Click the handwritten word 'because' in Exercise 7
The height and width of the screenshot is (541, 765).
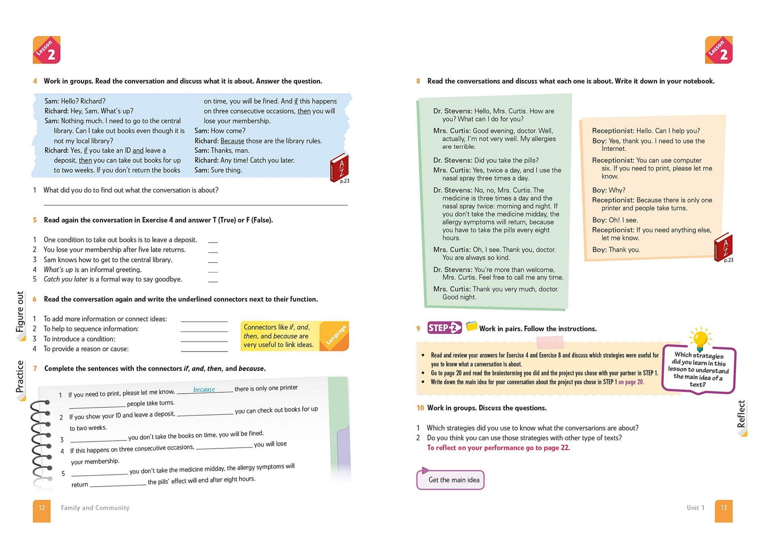coord(204,389)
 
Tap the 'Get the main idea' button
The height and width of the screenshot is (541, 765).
coord(450,480)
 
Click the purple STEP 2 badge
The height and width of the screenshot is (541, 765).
coord(445,328)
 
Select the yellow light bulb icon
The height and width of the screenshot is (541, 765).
coord(700,339)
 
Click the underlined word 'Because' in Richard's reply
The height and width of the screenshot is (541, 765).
coord(232,141)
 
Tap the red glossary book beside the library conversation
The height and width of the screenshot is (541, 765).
coord(339,167)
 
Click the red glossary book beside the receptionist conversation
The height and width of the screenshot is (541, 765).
coord(723,247)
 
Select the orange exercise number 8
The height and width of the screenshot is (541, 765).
coord(418,81)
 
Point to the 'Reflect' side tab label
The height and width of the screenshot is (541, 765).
coord(741,414)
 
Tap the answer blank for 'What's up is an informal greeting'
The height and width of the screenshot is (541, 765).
coord(213,270)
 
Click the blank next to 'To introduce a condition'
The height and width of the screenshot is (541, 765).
coord(204,339)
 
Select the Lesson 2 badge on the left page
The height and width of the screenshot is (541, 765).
coord(46,50)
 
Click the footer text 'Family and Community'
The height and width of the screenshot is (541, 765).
coord(95,508)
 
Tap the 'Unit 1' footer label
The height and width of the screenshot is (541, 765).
coord(695,508)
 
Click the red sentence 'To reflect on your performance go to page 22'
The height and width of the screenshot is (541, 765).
coord(498,448)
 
